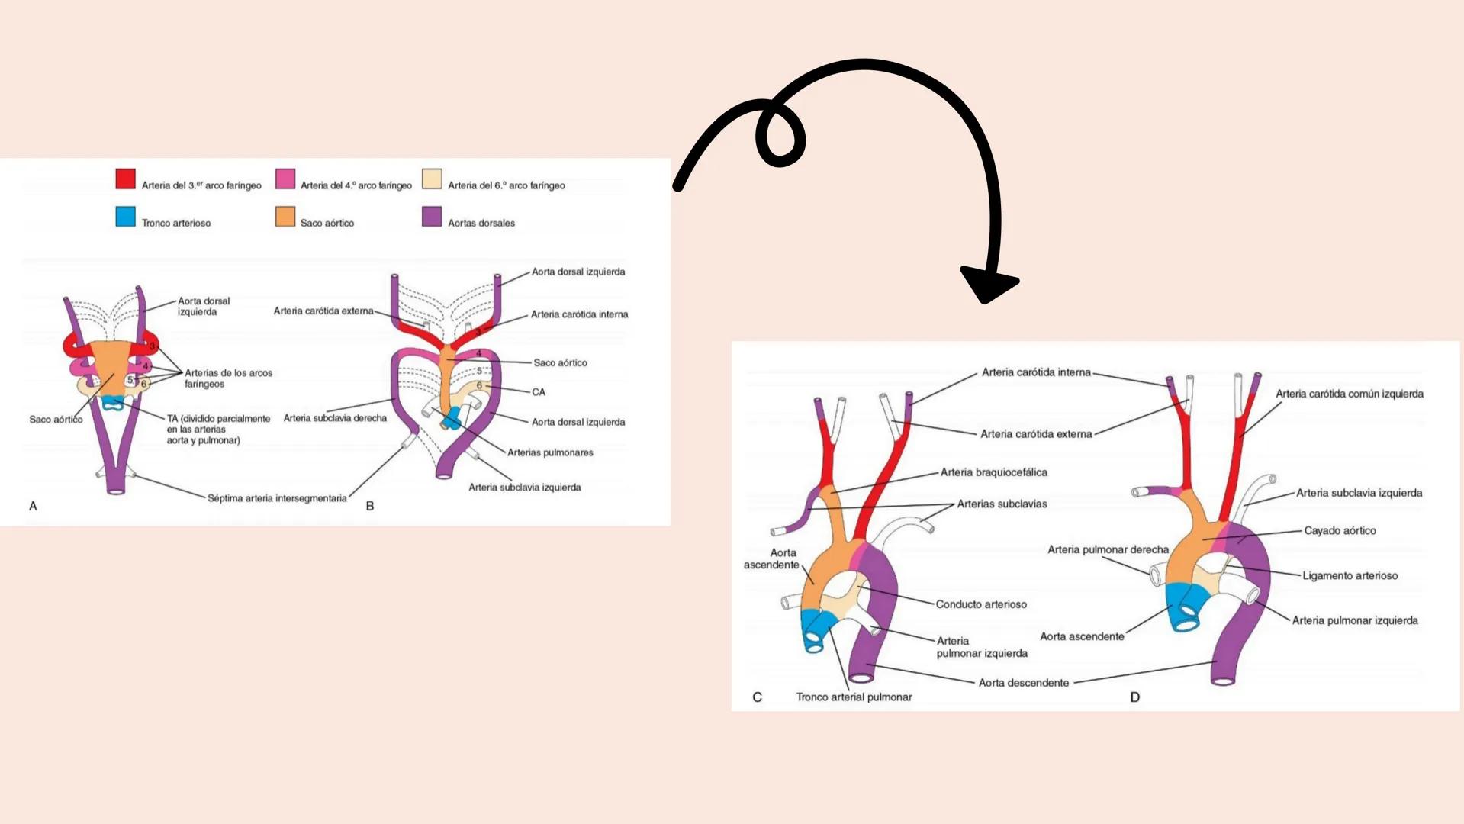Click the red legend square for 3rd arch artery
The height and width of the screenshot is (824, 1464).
point(125,179)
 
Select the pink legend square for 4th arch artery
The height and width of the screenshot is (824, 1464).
point(285,179)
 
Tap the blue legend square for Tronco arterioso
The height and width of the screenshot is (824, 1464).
point(125,217)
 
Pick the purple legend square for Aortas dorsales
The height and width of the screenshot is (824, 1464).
point(432,217)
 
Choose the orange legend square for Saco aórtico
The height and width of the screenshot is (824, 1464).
point(285,217)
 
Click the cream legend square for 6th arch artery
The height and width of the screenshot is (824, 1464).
point(432,179)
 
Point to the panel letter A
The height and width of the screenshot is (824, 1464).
point(33,506)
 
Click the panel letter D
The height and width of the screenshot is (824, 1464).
point(1134,697)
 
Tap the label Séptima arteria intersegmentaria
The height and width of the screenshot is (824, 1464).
point(277,498)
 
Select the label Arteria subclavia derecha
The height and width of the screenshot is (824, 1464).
point(335,418)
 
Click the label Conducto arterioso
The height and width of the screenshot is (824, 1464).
point(981,604)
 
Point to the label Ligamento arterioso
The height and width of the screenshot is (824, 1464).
point(1350,576)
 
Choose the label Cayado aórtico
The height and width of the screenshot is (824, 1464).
point(1340,531)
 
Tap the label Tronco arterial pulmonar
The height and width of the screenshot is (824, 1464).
point(854,697)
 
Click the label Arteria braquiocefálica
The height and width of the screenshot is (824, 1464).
point(993,472)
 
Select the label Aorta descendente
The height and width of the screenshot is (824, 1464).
point(1023,683)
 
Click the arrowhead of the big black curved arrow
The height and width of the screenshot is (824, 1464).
point(987,284)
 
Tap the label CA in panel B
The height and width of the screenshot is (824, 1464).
point(539,392)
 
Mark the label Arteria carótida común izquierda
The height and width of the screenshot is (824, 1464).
point(1349,394)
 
